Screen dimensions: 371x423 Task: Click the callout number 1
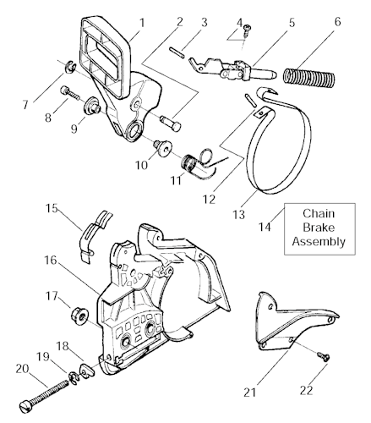(142, 23)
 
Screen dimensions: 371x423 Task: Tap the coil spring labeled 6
(308, 77)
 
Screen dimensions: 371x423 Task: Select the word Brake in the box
(319, 228)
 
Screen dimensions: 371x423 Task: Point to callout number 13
(238, 215)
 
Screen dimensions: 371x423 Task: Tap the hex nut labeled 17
(79, 316)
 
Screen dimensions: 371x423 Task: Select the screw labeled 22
(324, 356)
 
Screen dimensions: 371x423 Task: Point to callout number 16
(51, 261)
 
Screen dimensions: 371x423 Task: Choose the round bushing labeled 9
(92, 107)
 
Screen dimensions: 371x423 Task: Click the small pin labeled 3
(177, 52)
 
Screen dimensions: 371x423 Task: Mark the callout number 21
(250, 393)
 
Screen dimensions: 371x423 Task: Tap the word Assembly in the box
(319, 242)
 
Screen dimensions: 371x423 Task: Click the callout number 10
(141, 165)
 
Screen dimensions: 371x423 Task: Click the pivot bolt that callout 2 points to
(170, 124)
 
